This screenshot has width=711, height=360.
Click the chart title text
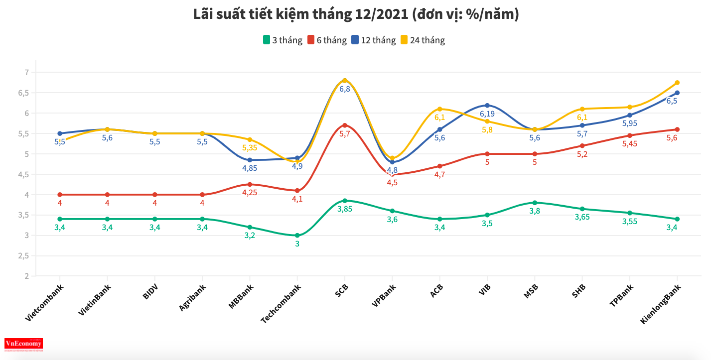pos(356,15)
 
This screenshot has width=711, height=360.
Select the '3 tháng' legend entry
pos(283,40)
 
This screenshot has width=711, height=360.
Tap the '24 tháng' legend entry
pos(422,40)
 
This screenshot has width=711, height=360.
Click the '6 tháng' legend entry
pos(327,40)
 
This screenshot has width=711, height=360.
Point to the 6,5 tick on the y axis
pos(24,93)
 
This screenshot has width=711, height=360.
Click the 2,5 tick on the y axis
pos(24,256)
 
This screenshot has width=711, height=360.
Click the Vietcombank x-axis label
pos(45,303)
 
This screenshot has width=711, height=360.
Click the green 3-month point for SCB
pos(345,201)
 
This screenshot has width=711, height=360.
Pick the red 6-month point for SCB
pos(345,125)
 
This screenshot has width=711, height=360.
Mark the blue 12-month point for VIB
pos(487,105)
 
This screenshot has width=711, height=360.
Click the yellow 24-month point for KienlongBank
pos(678,83)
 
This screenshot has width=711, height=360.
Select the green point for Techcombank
pos(297,236)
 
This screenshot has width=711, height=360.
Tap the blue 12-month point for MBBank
pos(250,160)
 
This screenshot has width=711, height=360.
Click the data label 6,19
pos(487,114)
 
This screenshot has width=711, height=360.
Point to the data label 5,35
pos(250,148)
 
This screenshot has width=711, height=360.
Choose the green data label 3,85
pos(345,210)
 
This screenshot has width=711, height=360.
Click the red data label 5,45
pos(630,144)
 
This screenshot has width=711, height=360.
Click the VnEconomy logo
pos(23,344)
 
